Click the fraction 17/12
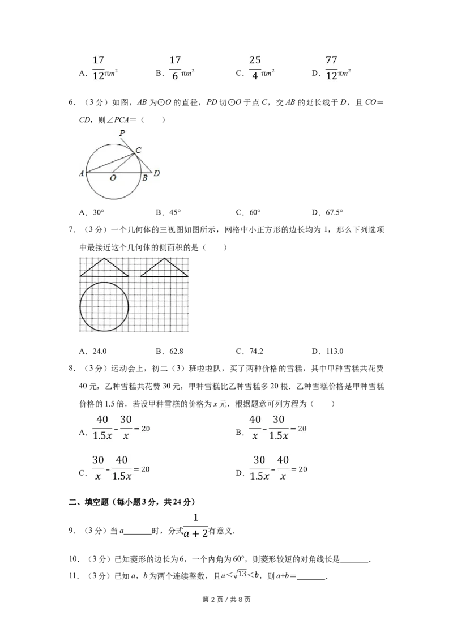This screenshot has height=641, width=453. (99, 70)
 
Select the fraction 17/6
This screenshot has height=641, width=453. (176, 70)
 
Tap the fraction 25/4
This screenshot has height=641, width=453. (254, 70)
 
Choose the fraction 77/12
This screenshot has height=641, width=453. (331, 70)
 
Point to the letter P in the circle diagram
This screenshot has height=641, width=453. (122, 133)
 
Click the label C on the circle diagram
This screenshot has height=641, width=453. (138, 149)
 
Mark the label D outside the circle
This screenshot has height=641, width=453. (157, 173)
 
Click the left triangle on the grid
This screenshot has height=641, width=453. (104, 268)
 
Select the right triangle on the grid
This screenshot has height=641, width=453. (164, 268)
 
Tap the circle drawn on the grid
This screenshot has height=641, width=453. (104, 307)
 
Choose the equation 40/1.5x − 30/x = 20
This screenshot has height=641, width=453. (122, 428)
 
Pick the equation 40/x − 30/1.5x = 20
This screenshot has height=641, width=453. (276, 428)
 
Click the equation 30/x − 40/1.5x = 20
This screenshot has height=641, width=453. (122, 468)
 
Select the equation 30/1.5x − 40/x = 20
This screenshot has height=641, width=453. (279, 468)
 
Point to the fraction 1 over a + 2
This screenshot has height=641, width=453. (196, 526)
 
